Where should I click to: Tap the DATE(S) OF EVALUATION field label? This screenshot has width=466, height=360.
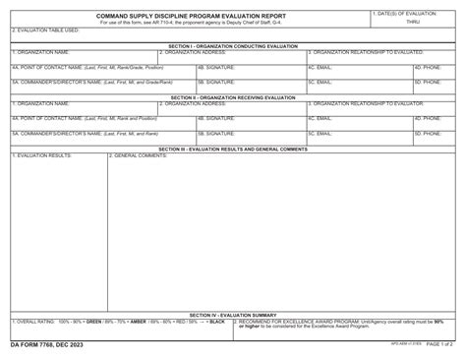click(x=408, y=13)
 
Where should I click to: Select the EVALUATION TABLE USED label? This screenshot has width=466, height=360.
click(x=46, y=30)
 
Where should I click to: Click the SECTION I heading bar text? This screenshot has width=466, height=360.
click(x=233, y=45)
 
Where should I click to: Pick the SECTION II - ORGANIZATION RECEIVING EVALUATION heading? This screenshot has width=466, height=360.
click(x=233, y=97)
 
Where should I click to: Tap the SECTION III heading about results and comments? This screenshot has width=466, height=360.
click(x=233, y=149)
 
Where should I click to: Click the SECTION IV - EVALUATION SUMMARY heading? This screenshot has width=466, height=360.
click(x=233, y=315)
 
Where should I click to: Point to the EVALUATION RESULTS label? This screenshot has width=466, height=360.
click(x=42, y=155)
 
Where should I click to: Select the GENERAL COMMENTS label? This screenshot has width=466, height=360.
click(x=139, y=155)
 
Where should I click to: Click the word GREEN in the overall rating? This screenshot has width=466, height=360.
click(x=94, y=322)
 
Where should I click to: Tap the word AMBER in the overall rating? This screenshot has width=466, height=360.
click(x=139, y=322)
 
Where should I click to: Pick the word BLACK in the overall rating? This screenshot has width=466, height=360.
click(x=217, y=322)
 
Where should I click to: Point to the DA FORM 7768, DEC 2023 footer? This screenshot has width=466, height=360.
click(x=47, y=344)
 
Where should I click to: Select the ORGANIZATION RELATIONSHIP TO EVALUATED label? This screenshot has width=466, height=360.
click(x=367, y=52)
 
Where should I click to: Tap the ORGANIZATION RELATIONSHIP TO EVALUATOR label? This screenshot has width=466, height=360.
click(x=367, y=103)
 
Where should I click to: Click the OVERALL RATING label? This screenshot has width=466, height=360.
click(x=34, y=322)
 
